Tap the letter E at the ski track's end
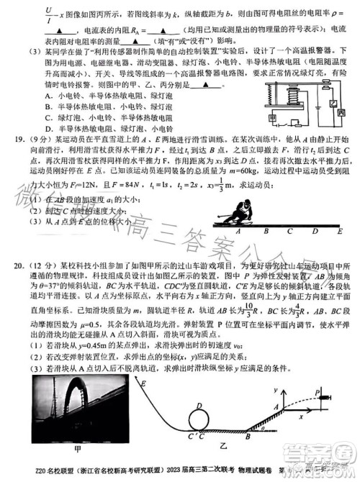[x=338, y=232]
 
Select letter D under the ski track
[x=315, y=232]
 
